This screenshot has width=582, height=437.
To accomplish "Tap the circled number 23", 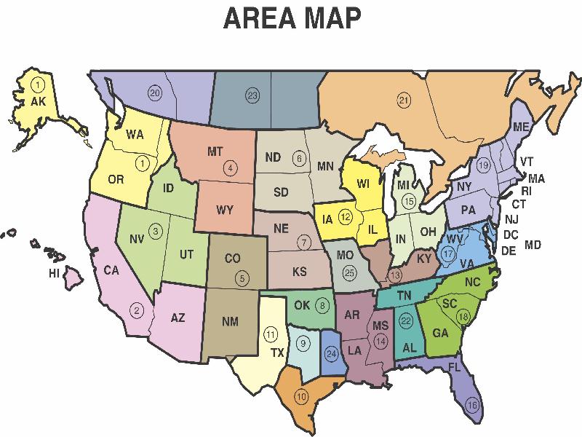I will (x=252, y=95).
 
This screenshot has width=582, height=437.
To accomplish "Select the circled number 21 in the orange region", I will (x=404, y=100).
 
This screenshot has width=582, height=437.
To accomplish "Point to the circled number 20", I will (x=154, y=92).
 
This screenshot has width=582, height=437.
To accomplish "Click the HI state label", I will (x=53, y=274).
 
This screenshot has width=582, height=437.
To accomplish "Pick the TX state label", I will (x=277, y=353).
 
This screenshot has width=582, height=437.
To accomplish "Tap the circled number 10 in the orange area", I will (x=301, y=396).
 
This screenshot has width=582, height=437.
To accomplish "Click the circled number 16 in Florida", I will (x=473, y=405).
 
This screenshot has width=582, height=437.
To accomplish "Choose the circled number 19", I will (x=484, y=166).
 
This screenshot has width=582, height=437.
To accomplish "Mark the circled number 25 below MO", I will (x=351, y=272).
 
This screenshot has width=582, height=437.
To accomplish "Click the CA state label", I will (x=111, y=270).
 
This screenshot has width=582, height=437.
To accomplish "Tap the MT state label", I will (x=215, y=151).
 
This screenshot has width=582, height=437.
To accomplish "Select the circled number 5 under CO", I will (x=242, y=277).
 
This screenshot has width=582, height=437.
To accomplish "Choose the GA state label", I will (x=441, y=334).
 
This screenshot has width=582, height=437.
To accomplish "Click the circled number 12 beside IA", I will (x=346, y=216).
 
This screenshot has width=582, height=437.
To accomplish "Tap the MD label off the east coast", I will (x=533, y=245).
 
